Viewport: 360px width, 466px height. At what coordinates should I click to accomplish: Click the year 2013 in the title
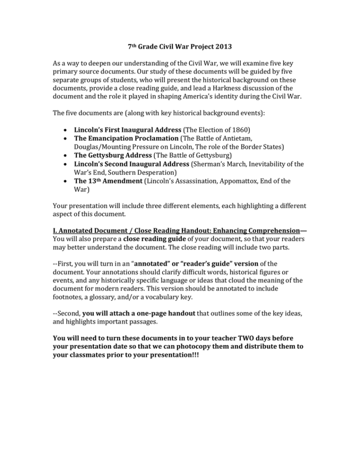pyautogui.click(x=223, y=47)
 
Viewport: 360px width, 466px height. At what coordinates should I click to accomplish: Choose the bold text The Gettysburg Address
pyautogui.click(x=113, y=155)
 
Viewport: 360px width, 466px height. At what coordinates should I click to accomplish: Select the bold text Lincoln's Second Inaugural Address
pyautogui.click(x=132, y=164)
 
